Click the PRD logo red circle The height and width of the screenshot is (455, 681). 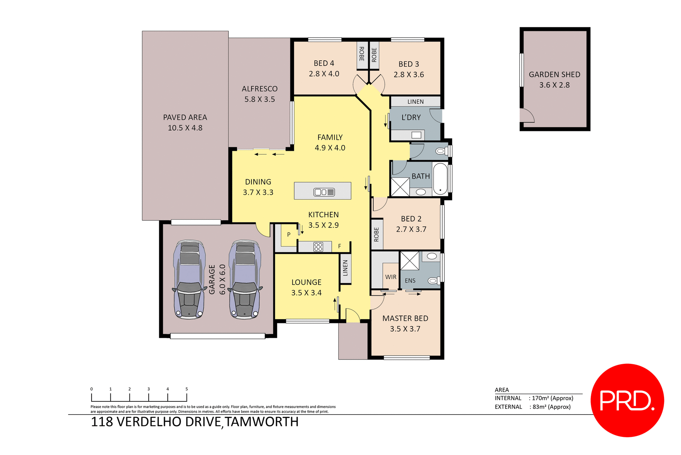click(627, 400)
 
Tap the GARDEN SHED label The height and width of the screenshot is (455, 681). click(554, 75)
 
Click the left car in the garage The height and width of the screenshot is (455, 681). click(189, 279)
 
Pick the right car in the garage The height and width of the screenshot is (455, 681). click(245, 279)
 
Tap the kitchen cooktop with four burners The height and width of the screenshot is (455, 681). click(318, 247)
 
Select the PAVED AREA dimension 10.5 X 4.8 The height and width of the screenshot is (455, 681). click(185, 128)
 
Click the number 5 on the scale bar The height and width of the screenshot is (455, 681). click(187, 389)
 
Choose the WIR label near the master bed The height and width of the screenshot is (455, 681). click(391, 277)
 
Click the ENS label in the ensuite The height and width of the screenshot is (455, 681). click(410, 280)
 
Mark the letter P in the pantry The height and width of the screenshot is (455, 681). click(289, 234)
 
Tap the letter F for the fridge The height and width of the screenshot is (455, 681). click(339, 246)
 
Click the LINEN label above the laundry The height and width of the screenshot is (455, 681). click(415, 102)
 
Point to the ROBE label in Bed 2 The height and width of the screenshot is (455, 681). click(376, 235)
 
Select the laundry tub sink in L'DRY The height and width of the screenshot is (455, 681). click(416, 135)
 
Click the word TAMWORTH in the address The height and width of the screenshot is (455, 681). click(261, 422)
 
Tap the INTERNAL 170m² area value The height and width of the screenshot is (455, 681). click(552, 398)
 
